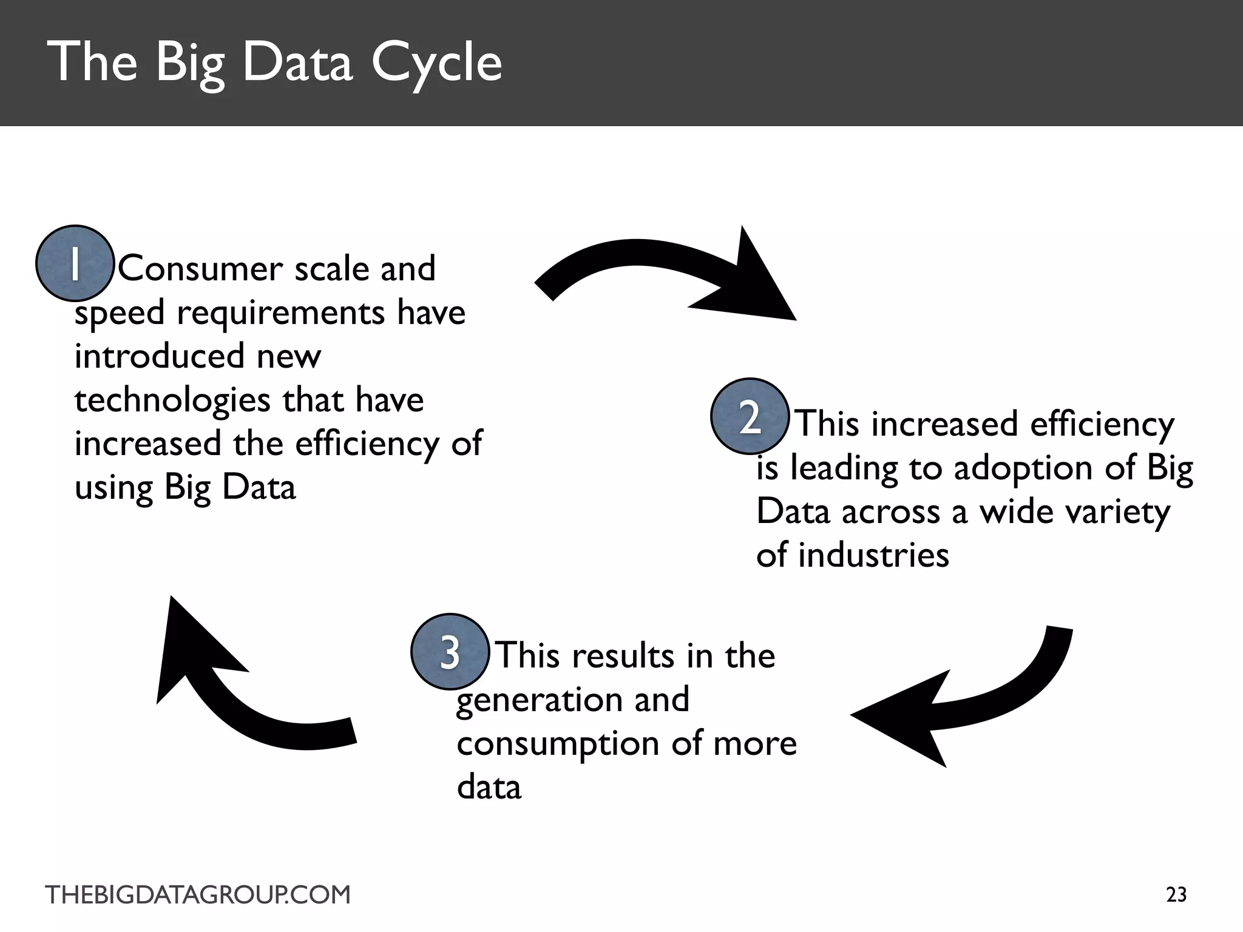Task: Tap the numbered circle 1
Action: pos(75,263)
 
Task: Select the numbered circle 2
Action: pos(750,417)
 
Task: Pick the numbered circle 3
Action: pos(450,652)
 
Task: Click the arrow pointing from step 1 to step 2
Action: pos(668,273)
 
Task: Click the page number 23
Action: pos(1176,895)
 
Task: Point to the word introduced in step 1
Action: pos(158,356)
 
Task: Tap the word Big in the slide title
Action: pos(190,64)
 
